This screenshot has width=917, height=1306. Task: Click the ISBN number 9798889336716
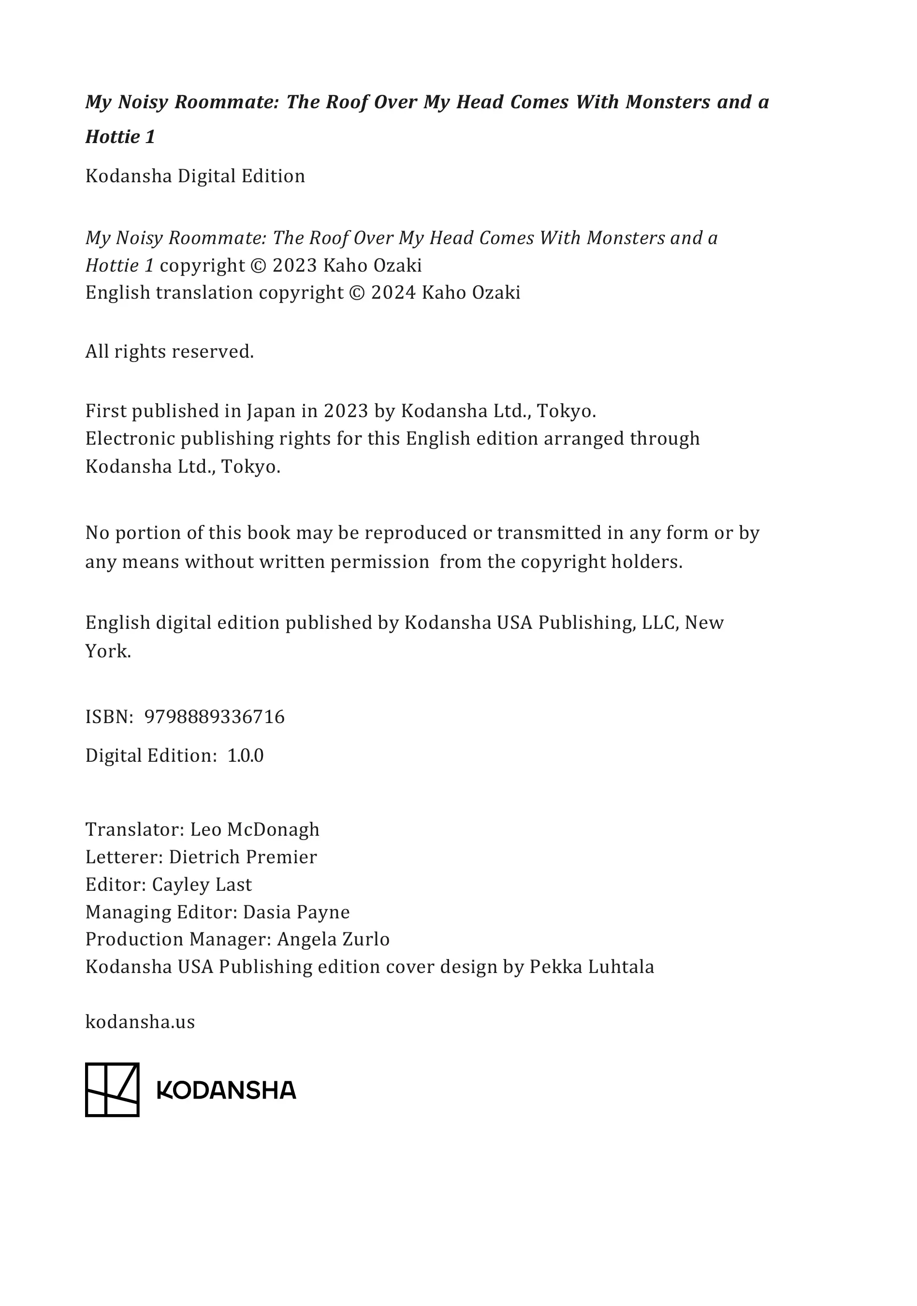click(215, 717)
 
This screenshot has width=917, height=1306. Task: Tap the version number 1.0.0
click(245, 756)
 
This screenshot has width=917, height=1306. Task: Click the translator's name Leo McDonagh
click(254, 830)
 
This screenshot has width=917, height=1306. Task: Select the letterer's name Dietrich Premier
click(243, 857)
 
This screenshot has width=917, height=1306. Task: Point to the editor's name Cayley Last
click(202, 885)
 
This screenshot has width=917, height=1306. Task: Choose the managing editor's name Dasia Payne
click(296, 913)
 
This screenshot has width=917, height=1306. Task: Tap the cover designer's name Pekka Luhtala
click(592, 967)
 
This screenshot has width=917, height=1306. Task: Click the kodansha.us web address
click(140, 1022)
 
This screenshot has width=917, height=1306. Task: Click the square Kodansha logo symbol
click(112, 1090)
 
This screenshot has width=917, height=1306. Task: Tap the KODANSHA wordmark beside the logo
click(226, 1090)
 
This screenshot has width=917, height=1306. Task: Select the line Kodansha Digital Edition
click(195, 176)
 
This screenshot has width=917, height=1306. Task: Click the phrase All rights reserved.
click(170, 352)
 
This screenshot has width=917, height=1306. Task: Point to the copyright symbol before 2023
click(258, 266)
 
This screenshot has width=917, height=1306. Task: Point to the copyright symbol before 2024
click(357, 293)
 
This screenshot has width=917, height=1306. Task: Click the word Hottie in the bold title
click(113, 137)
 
